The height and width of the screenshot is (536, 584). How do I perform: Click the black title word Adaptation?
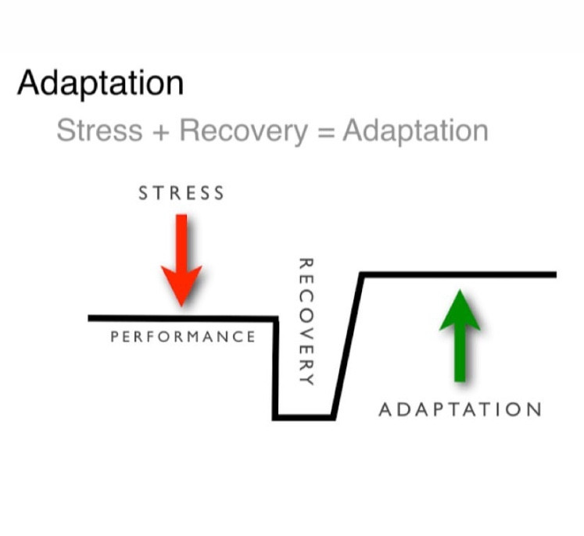pos(101,84)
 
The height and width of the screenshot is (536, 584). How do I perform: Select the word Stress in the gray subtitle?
pos(99,130)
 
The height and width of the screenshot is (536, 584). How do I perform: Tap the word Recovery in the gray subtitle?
pos(244,132)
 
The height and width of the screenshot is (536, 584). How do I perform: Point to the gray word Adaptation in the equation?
pos(415,132)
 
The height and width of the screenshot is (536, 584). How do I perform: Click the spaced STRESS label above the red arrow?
pos(181,193)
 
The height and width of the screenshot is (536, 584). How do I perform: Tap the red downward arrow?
pos(181,260)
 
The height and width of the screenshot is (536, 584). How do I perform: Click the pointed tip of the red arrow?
pos(181,306)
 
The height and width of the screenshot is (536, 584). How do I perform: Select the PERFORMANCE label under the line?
pos(183,337)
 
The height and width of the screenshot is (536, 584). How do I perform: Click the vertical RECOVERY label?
pos(306,322)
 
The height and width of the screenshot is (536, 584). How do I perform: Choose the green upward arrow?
pos(460,336)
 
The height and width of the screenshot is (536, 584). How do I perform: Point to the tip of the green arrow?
pos(460,290)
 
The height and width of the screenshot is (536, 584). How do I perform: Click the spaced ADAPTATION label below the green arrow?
pos(460,410)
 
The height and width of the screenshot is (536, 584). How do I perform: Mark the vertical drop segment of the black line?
pos(276,369)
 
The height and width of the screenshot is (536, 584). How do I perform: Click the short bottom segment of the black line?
pos(303,417)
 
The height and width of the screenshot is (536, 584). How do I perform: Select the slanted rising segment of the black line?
pos(347,346)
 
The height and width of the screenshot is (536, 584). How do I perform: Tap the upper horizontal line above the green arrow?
pos(458,275)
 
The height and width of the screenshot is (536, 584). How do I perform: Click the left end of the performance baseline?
pos(88,318)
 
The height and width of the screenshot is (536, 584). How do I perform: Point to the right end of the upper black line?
pos(556,275)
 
